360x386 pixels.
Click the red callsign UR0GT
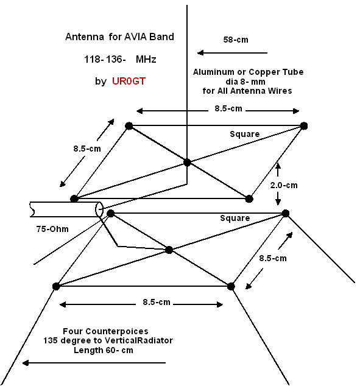(x=129, y=81)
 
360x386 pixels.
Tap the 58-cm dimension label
(x=236, y=40)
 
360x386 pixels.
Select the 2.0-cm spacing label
(x=284, y=185)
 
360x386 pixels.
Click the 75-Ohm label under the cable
(x=52, y=229)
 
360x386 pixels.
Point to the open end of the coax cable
(x=99, y=209)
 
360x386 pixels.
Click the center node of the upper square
(x=187, y=163)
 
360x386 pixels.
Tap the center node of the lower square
(x=169, y=250)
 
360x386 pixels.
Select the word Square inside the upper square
(x=245, y=134)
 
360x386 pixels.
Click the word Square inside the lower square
(x=235, y=218)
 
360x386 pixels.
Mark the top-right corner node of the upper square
(x=304, y=126)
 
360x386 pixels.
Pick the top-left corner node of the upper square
(x=129, y=126)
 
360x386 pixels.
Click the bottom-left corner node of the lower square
(x=56, y=286)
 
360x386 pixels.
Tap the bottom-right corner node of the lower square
(x=231, y=286)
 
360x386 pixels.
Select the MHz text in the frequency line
(x=146, y=59)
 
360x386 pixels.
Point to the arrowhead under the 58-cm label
(x=200, y=53)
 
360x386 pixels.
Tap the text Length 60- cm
(x=104, y=350)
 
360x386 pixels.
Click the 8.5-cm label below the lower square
(x=157, y=302)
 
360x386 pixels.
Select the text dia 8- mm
(x=245, y=82)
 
